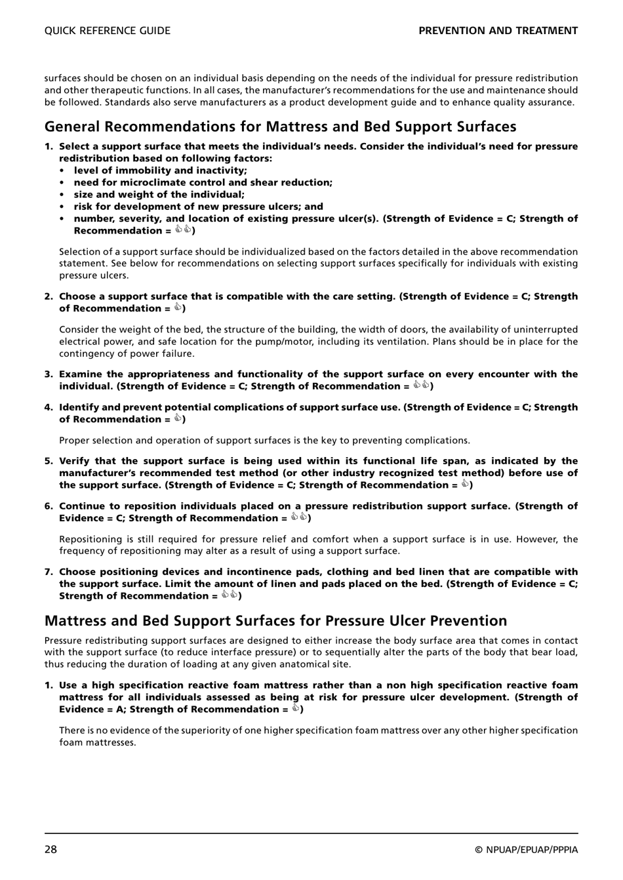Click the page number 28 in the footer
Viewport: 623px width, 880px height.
pos(51,849)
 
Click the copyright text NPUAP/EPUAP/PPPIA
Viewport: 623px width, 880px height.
pos(527,850)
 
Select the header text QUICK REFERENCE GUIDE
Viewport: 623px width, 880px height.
pos(107,31)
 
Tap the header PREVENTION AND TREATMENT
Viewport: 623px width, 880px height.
pos(498,31)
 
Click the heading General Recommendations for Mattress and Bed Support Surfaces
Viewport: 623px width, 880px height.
pos(280,127)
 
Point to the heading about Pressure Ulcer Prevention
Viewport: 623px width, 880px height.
pos(275,621)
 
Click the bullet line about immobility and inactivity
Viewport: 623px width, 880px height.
pos(160,170)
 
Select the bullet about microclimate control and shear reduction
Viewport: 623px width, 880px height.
pos(203,182)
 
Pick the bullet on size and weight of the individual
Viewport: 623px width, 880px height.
pos(159,194)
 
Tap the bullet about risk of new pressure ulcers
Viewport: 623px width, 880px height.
pos(198,207)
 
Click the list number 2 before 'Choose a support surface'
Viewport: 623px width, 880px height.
pos(49,296)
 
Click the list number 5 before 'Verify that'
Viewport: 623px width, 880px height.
pos(49,461)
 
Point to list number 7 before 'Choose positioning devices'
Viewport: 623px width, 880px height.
pos(49,572)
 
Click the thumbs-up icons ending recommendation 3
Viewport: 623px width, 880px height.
pos(421,386)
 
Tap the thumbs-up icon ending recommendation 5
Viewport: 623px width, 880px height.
pos(464,485)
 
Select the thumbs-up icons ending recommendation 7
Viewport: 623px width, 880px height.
pos(230,595)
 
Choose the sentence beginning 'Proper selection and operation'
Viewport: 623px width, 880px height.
pos(264,441)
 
